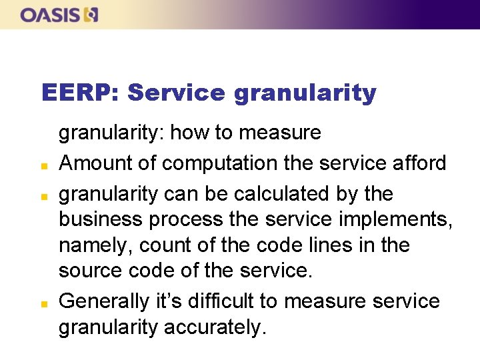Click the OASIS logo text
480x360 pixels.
51,15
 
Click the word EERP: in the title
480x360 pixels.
79,93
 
